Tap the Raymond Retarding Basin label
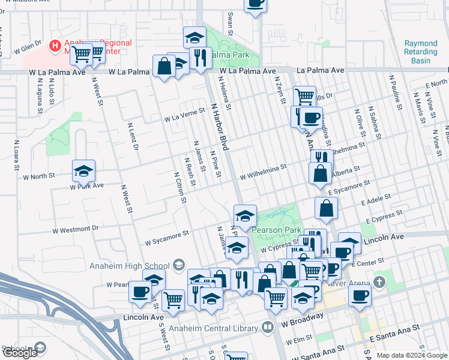coord(421,52)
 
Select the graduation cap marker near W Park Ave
coord(83,171)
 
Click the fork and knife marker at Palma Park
coord(200,58)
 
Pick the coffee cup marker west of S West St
coord(140,292)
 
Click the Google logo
coord(19,353)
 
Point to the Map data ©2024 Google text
coord(411,355)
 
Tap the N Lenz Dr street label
coord(133,136)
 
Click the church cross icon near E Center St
coord(379,281)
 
